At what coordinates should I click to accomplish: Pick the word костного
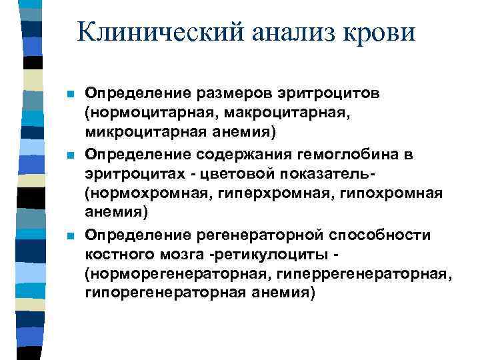click(119, 254)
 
